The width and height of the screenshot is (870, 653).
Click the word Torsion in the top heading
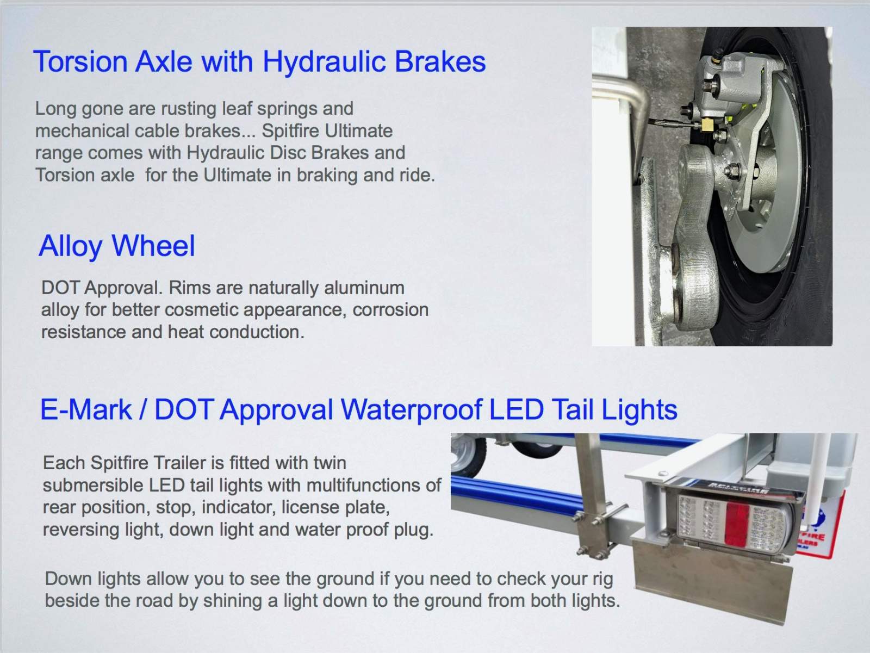80,61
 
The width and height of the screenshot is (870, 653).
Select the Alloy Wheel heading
117,246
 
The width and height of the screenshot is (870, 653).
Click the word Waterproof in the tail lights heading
411,411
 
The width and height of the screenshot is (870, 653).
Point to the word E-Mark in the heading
86,409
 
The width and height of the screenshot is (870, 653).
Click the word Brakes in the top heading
440,61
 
